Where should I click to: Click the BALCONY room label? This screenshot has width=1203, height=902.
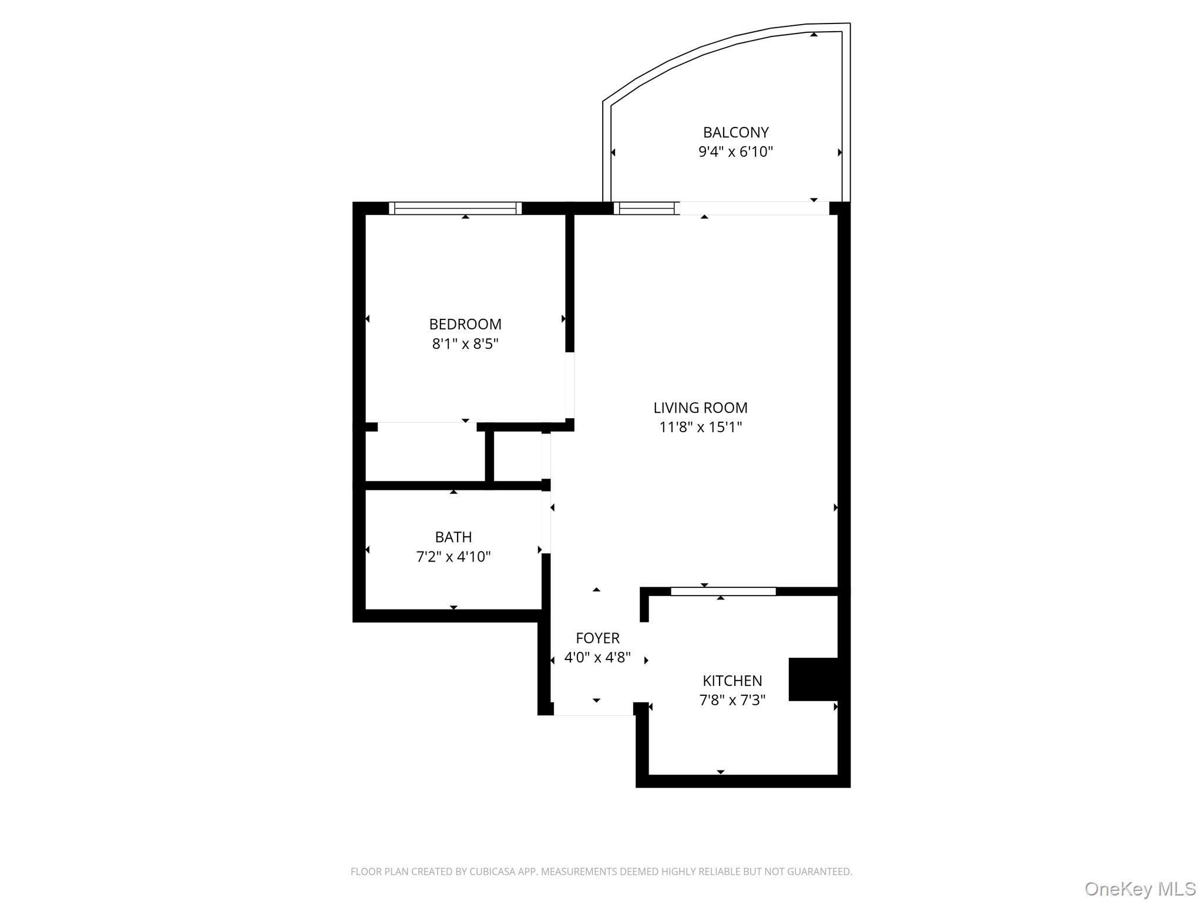pos(735,133)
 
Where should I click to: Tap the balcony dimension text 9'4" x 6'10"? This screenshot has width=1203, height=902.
pos(735,152)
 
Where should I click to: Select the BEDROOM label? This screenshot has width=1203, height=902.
pos(465,324)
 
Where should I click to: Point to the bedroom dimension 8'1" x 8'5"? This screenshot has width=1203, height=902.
pos(465,344)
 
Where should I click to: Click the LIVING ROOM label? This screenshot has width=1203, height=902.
pos(700,408)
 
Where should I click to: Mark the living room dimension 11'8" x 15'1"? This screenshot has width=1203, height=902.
pos(700,427)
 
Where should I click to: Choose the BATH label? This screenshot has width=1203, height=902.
pos(453,537)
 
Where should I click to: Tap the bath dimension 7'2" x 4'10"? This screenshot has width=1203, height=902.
pos(453,557)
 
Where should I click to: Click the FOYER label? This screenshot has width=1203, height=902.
pos(597,638)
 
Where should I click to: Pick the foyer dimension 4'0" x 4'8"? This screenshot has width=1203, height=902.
pos(597,657)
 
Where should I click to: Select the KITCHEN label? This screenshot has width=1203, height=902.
pos(732,681)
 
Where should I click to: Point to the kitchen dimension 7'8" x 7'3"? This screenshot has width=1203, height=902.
pos(732,700)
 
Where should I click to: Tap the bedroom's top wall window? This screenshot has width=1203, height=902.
pos(455,208)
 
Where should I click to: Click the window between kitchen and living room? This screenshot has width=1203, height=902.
pos(723,591)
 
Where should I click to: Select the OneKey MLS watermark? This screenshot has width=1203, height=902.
pos(1140,888)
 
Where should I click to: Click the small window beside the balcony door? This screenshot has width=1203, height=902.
pos(646,208)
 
